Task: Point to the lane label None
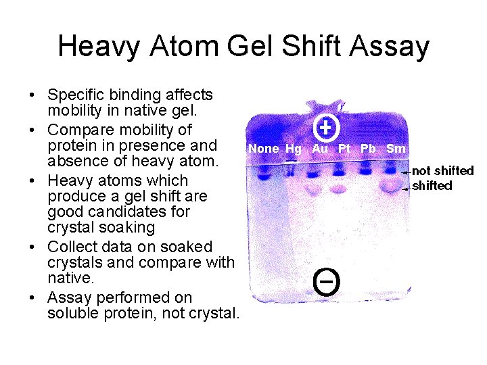pos(263,149)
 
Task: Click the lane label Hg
pos(294,149)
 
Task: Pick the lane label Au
pos(320,148)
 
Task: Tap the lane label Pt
pos(345,148)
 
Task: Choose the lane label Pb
pos(368,148)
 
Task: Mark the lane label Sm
pos(396,148)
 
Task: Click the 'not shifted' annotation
pos(443,171)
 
